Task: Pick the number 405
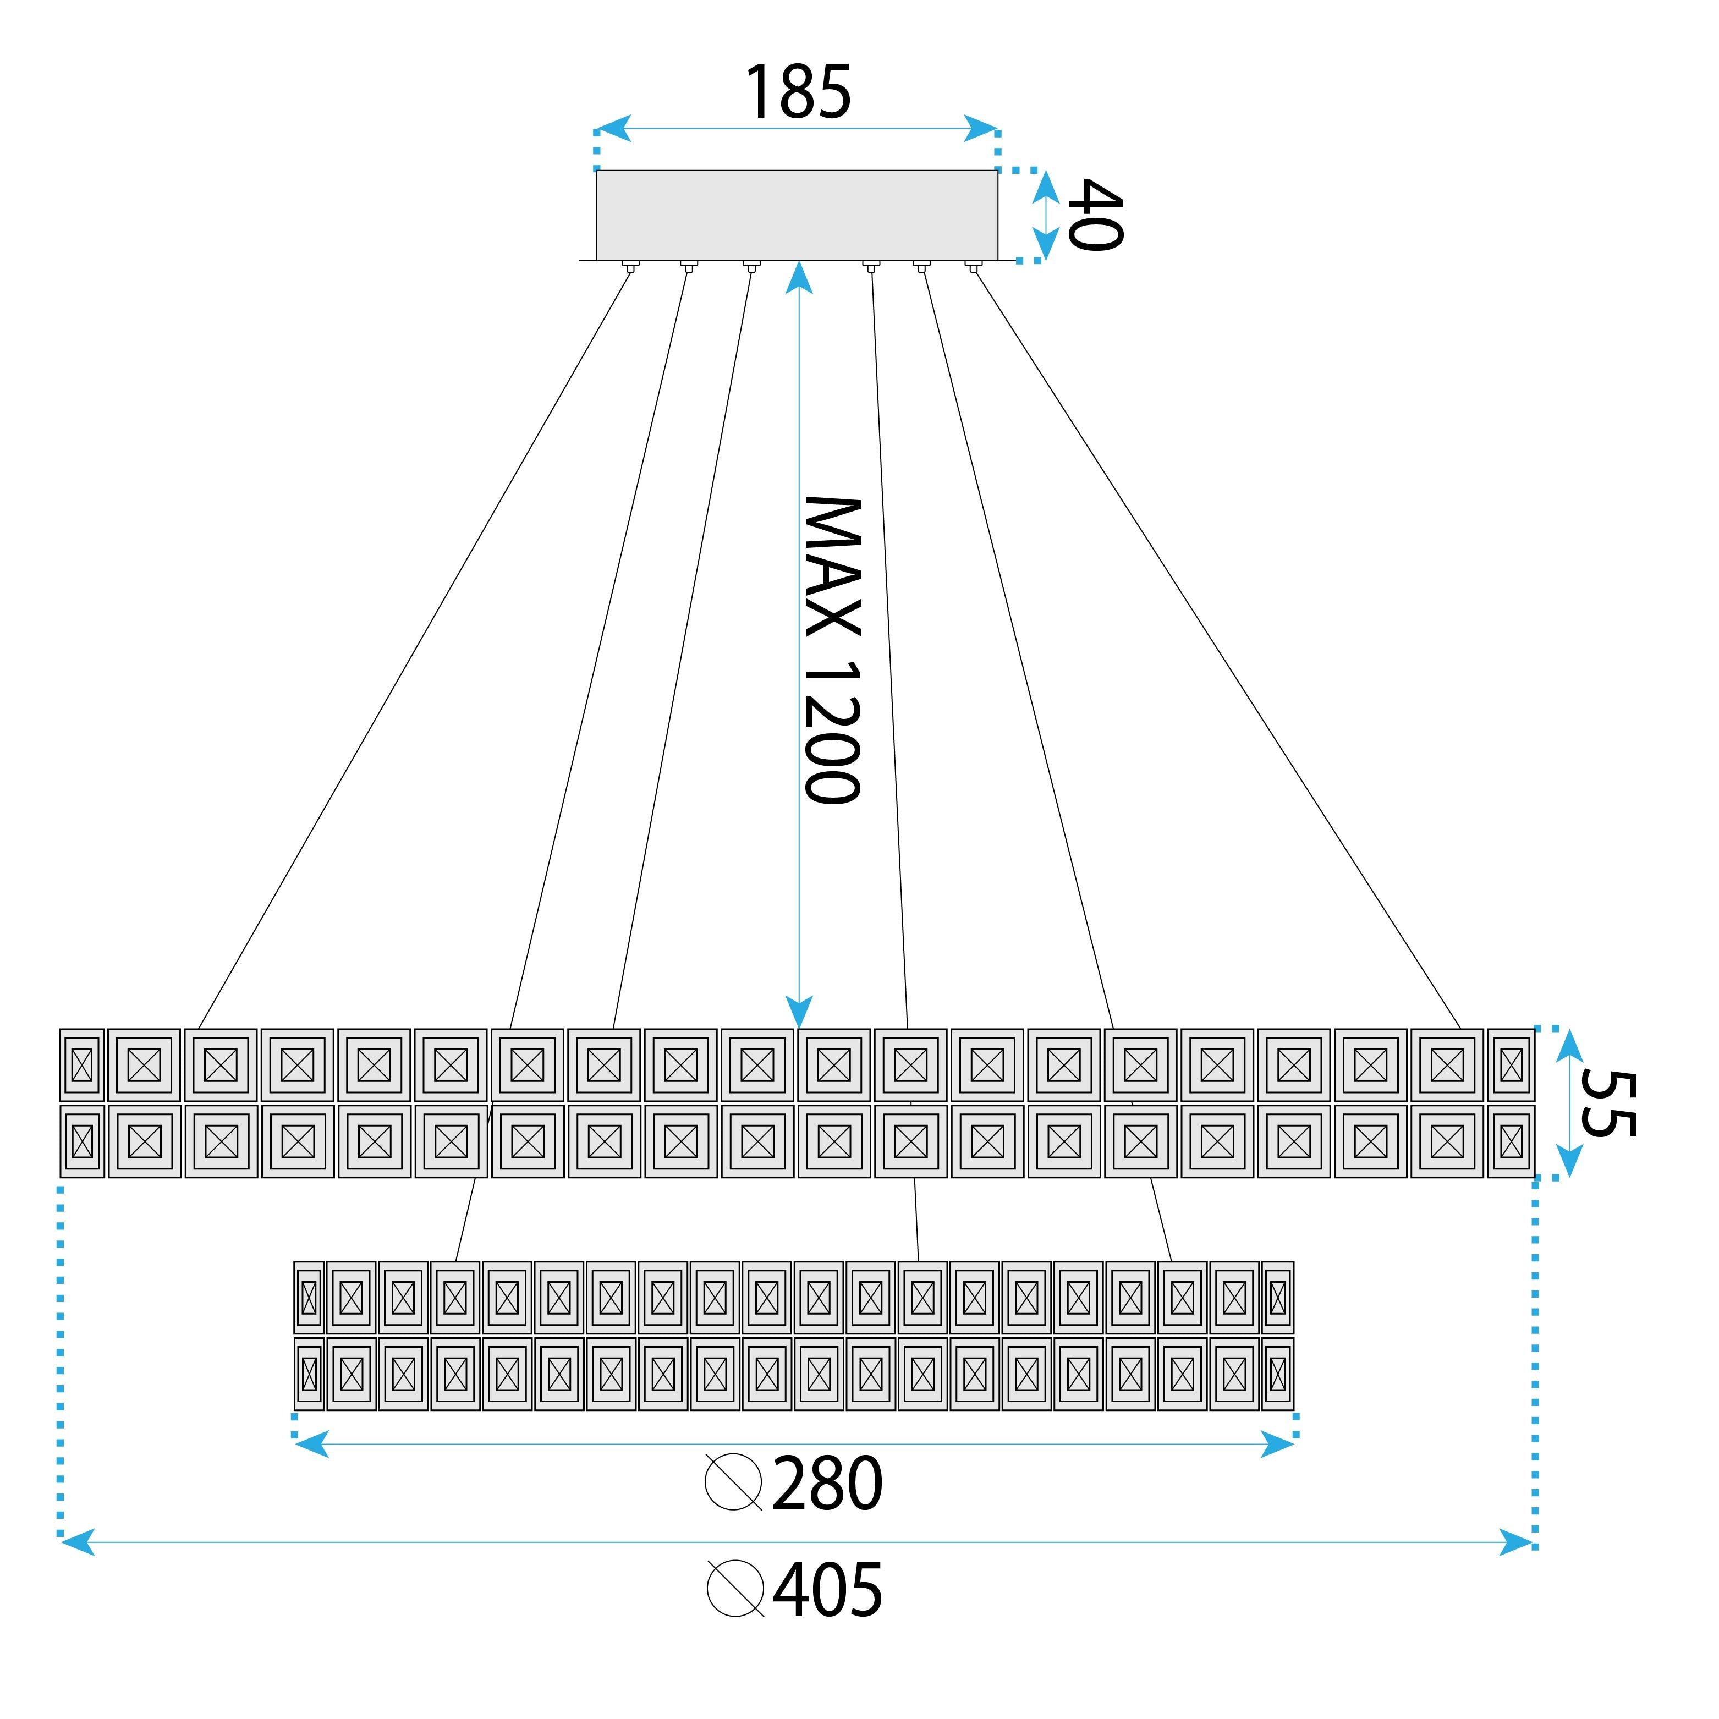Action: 827,1590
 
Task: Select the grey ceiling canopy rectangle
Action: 797,215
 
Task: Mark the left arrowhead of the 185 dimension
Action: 613,128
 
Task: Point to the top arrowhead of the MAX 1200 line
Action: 799,278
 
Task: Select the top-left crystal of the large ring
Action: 82,1065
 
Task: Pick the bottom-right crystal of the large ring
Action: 1511,1141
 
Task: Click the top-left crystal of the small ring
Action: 309,1297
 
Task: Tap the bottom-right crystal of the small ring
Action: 1278,1374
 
